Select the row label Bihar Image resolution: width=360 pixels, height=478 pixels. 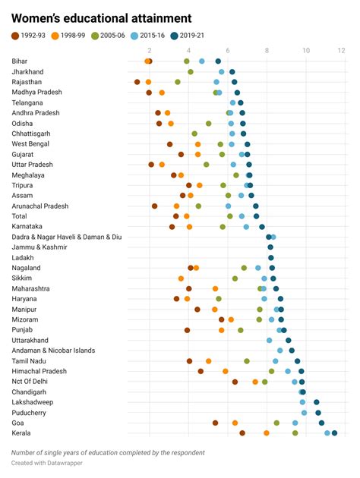click(x=21, y=61)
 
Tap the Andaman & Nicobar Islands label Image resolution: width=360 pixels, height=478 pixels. click(x=53, y=351)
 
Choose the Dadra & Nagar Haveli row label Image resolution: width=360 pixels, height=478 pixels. click(x=67, y=237)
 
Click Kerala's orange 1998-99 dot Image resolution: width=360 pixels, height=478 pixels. click(x=267, y=433)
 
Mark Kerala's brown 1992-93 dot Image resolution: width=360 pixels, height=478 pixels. click(x=242, y=433)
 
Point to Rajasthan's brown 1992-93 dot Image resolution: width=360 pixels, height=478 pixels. click(x=137, y=81)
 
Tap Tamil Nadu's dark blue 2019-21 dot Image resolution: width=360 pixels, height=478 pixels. click(x=298, y=361)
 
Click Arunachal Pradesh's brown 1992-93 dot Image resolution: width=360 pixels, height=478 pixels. click(x=154, y=206)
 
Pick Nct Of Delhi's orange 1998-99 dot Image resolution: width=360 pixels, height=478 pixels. click(x=255, y=382)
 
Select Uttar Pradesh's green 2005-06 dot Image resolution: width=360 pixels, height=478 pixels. click(x=207, y=164)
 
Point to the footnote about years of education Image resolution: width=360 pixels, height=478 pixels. click(x=108, y=453)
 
